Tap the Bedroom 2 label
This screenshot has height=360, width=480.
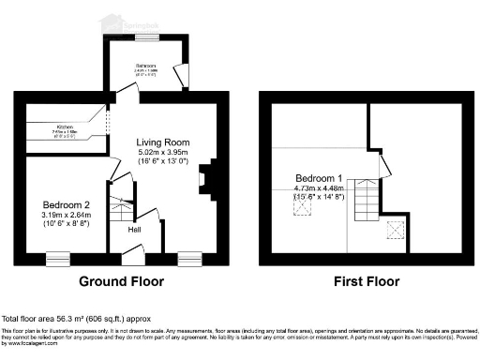[67, 204]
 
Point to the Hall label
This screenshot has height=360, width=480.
[134, 230]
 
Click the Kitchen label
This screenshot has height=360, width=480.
[66, 126]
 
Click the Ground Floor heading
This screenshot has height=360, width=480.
[121, 281]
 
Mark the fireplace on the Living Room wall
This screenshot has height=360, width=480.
[207, 178]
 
